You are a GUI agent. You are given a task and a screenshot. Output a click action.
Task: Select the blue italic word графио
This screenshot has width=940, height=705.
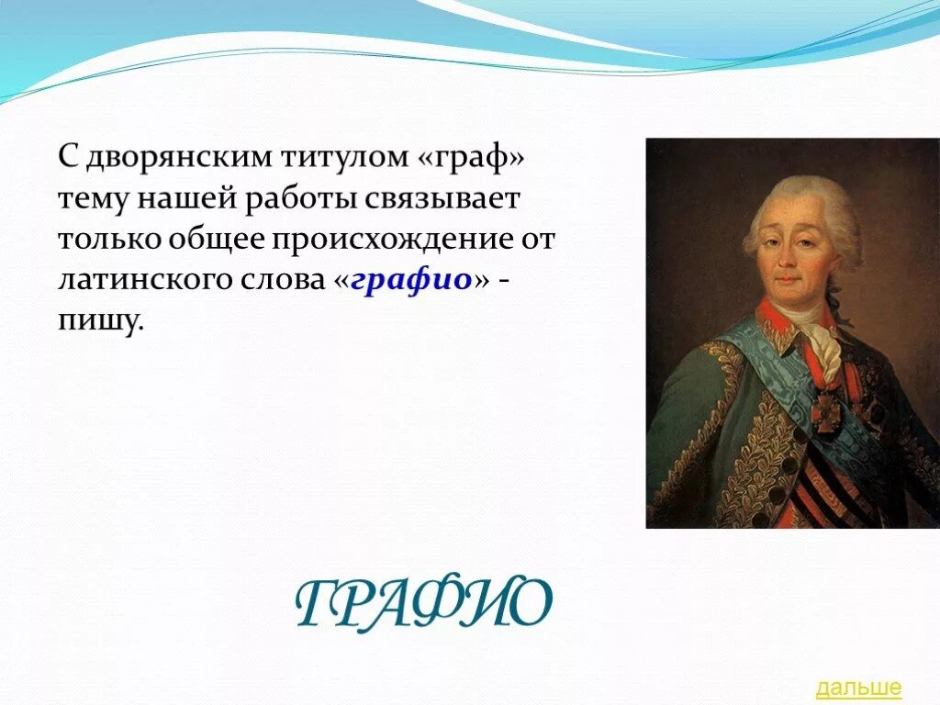[410, 280]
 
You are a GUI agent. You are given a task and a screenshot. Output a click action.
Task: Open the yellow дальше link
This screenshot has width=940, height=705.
[858, 687]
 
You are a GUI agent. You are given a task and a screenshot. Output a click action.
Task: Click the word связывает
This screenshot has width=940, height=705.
[442, 199]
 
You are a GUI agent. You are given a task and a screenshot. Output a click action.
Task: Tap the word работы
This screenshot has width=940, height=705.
[300, 200]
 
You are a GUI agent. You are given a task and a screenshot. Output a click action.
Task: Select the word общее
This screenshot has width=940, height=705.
[216, 240]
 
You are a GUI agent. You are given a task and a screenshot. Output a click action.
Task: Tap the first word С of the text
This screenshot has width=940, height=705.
[69, 158]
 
